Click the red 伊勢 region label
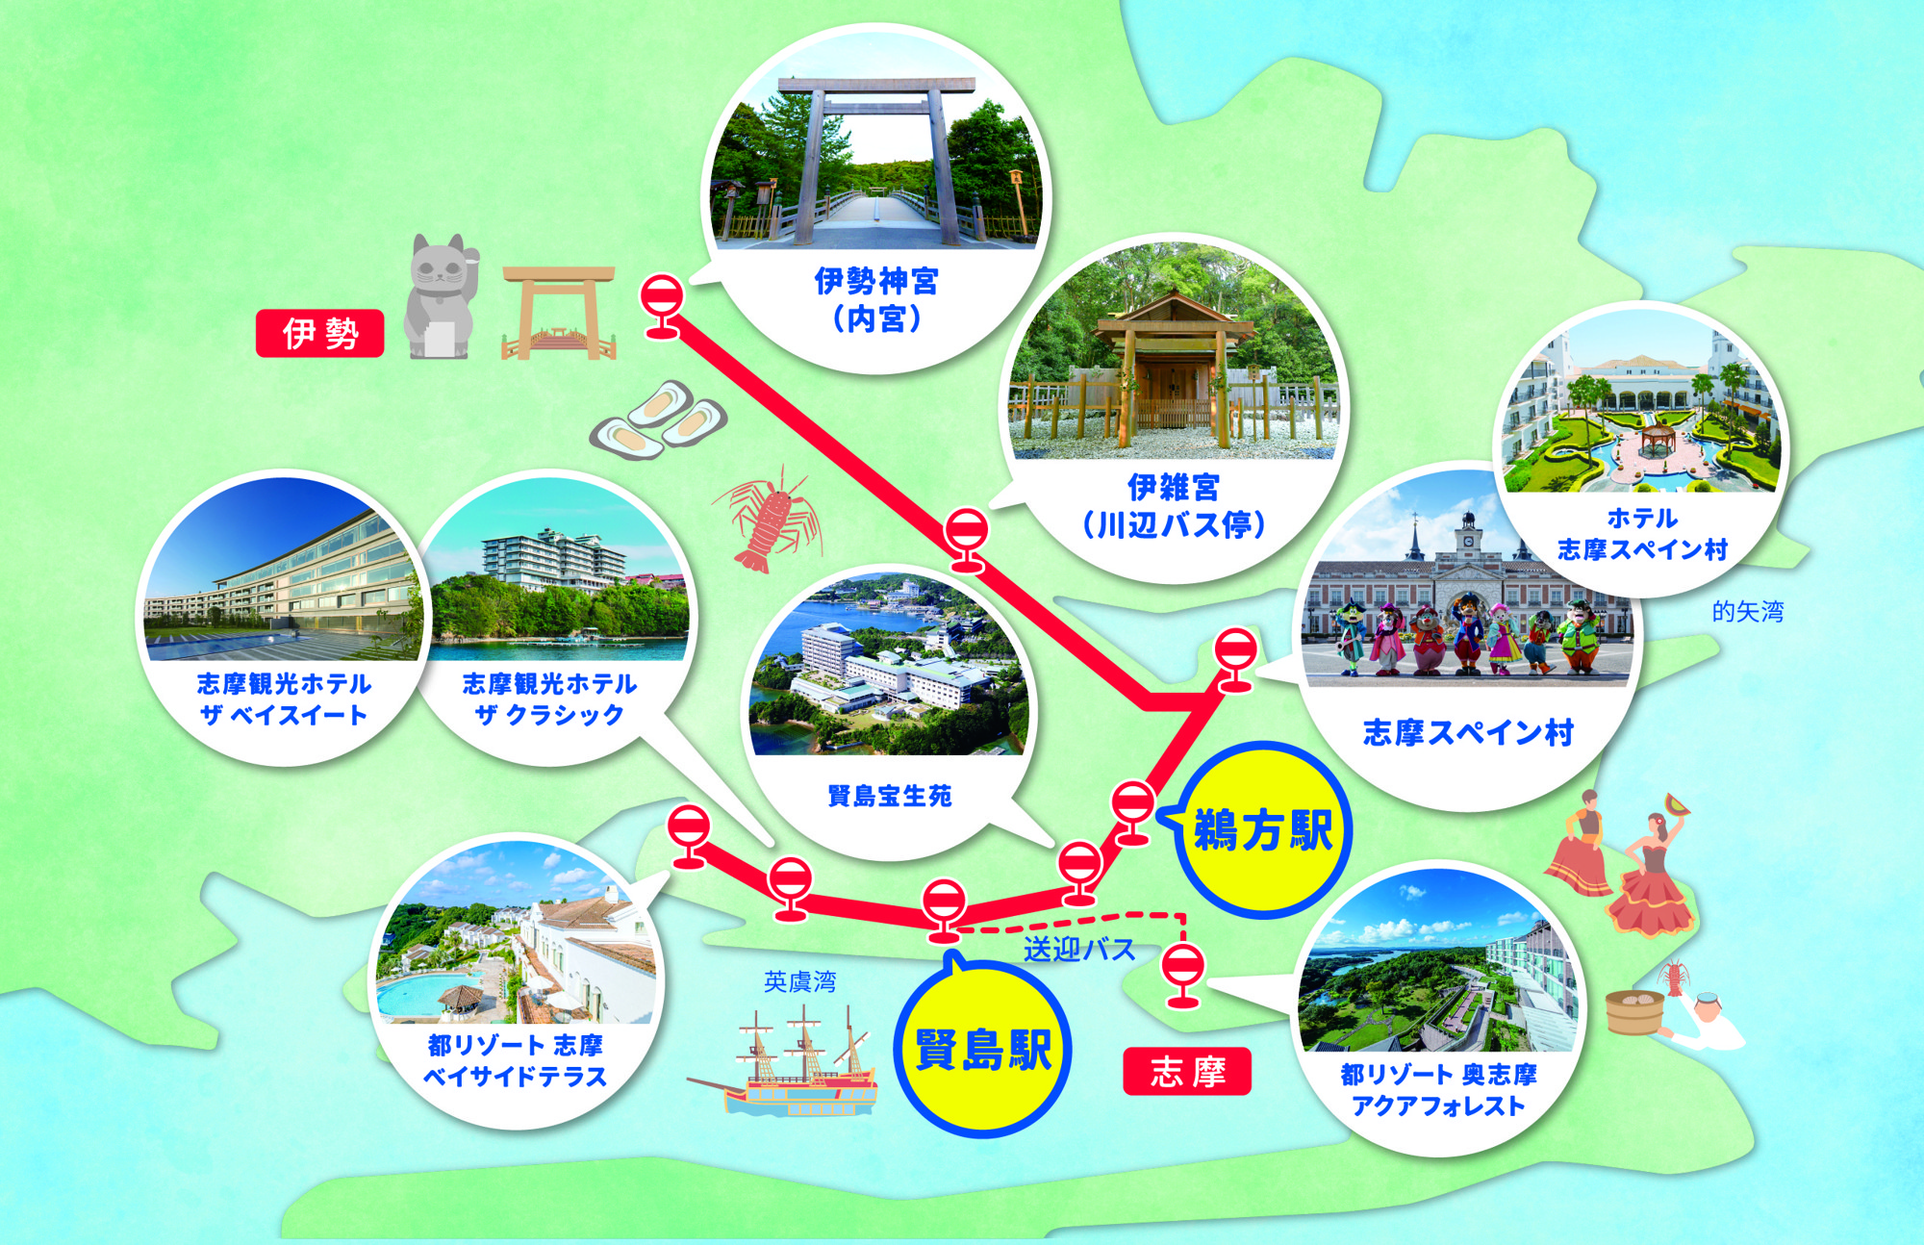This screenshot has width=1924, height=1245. coord(319,334)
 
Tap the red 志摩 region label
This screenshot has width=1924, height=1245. coord(1187,1071)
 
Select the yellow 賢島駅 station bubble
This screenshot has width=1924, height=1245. coord(982,1050)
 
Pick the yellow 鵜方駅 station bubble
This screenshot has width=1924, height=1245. coord(1262,829)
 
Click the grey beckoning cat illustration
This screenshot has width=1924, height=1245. coord(442,297)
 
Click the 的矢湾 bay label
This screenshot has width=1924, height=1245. coord(1747,611)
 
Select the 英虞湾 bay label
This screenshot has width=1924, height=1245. coord(799,981)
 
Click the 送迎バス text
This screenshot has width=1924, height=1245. coord(1078,951)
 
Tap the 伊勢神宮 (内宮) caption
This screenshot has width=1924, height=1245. coord(875,299)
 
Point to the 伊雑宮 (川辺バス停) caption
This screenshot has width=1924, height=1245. coord(1173,506)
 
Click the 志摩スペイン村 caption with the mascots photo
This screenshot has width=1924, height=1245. coord(1468,733)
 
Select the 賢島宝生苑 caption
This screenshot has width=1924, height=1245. coord(889,796)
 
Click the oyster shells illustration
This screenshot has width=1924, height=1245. coord(659,420)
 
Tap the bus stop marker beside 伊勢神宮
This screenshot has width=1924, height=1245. coord(662,303)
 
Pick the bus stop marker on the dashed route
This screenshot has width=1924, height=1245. coord(1182,972)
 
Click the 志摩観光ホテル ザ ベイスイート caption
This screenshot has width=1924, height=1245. coord(283,699)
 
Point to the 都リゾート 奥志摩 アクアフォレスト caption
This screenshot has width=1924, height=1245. coord(1438,1090)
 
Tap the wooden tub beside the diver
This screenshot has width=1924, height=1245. coord(1634,1010)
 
